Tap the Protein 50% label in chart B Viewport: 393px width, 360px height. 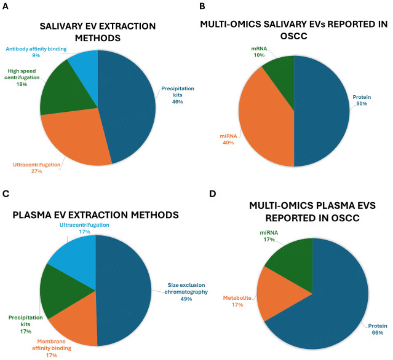pos(362,100)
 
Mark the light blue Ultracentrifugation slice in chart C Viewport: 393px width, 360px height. pos(77,257)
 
